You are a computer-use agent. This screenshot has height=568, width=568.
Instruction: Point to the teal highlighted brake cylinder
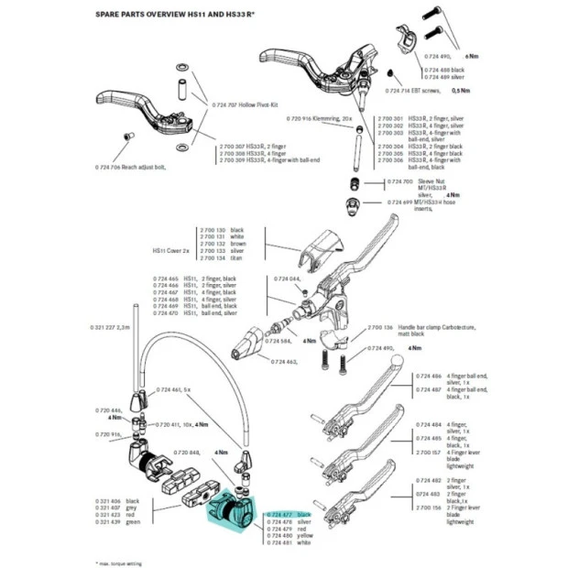pos(233,514)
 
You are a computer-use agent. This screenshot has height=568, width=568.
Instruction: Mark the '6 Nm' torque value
pos(471,57)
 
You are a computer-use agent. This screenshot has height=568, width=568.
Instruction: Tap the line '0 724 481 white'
pos(286,542)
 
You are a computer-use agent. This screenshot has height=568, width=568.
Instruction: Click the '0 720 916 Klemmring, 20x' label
pos(320,120)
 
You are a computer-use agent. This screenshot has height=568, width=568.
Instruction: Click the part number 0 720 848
pos(187,453)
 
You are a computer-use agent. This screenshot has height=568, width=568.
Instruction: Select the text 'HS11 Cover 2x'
pos(171,249)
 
